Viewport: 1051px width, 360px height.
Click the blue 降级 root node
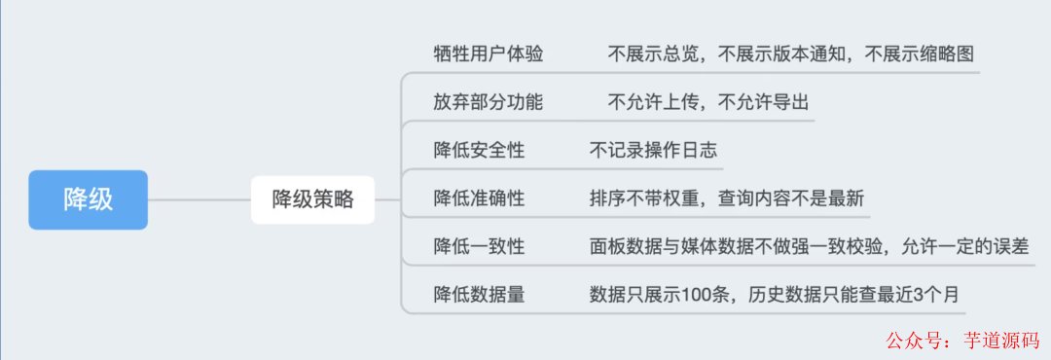point(88,199)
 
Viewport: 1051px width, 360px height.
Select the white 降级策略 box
point(312,200)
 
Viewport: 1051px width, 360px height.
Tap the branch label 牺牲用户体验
point(489,54)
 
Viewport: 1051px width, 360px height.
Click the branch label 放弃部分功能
point(489,102)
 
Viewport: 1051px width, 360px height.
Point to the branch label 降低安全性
point(479,150)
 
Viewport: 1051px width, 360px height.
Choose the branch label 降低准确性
point(479,198)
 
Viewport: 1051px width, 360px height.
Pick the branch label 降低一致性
point(479,246)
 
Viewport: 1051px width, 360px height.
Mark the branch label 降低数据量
point(479,295)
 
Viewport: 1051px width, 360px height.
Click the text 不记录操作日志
point(655,150)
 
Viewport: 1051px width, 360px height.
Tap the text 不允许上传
point(655,102)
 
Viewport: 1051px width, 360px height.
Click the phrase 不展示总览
point(655,54)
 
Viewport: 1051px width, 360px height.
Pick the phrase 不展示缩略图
point(920,54)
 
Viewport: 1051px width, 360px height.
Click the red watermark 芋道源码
point(1003,341)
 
